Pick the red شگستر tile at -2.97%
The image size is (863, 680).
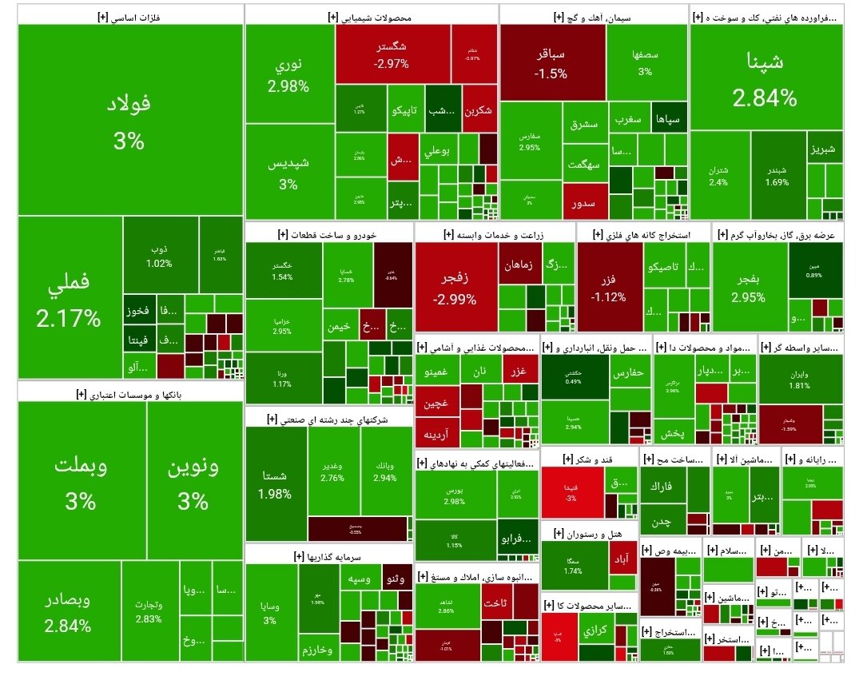pos(392,54)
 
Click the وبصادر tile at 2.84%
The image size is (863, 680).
pos(69,611)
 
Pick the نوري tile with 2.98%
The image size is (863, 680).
pos(289,74)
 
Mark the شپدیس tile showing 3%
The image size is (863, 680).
pos(289,172)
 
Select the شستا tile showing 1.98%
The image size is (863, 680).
pos(276,483)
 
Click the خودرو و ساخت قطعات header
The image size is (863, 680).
pos(328,234)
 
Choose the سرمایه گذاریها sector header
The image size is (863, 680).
pos(328,555)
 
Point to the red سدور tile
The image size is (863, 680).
pos(584,202)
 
